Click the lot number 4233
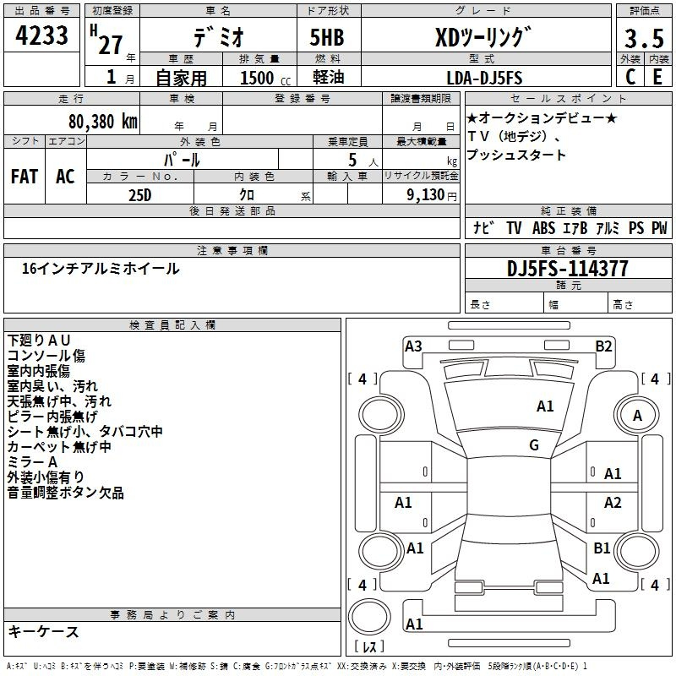click(x=41, y=35)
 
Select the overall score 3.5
click(x=644, y=38)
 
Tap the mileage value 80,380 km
click(x=102, y=122)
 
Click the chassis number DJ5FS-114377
click(x=567, y=269)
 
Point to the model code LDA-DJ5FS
click(x=484, y=78)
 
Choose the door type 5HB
click(x=327, y=37)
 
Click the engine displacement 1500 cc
click(x=265, y=78)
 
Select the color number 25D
click(x=139, y=195)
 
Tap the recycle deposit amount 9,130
click(x=426, y=195)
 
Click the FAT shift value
click(x=25, y=177)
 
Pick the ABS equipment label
click(x=543, y=228)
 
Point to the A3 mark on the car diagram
click(x=413, y=346)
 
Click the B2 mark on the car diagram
click(x=603, y=346)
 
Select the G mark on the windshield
click(x=534, y=445)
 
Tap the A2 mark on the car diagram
click(x=613, y=502)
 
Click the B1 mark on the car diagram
click(x=602, y=548)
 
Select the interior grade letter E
click(x=657, y=77)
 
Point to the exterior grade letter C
click(x=630, y=77)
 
